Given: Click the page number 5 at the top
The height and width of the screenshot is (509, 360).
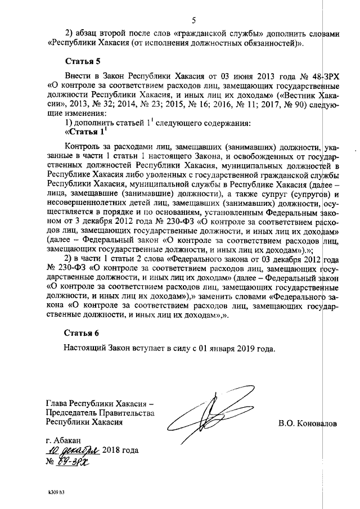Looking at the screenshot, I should (x=193, y=21).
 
